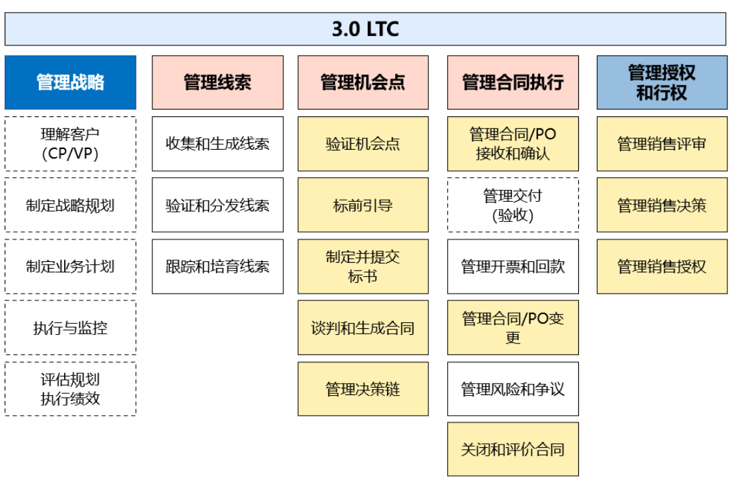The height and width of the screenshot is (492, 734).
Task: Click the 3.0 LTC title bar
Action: pyautogui.click(x=365, y=29)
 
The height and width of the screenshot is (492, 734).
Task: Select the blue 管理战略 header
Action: pyautogui.click(x=70, y=82)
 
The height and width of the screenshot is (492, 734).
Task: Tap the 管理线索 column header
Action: pyautogui.click(x=217, y=82)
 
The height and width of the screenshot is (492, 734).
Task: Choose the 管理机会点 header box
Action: pyautogui.click(x=363, y=82)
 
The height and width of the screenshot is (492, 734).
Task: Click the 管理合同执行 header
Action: pyautogui.click(x=513, y=82)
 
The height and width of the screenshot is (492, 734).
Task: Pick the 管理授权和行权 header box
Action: pyautogui.click(x=662, y=82)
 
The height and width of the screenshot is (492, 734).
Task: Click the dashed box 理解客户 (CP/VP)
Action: pyautogui.click(x=70, y=144)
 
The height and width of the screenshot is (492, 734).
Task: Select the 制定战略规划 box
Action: pyautogui.click(x=70, y=205)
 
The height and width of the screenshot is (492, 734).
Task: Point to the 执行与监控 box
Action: pyautogui.click(x=70, y=328)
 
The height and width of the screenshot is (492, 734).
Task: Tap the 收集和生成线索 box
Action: pyautogui.click(x=217, y=144)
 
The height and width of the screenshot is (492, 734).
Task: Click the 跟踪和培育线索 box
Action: pyautogui.click(x=217, y=267)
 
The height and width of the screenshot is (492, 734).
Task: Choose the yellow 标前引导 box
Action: pyautogui.click(x=363, y=205)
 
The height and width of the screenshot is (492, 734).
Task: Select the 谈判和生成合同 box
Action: pyautogui.click(x=363, y=328)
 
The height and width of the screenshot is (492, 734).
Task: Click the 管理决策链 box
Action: pyautogui.click(x=363, y=389)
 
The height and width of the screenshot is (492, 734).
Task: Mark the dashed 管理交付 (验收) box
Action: pyautogui.click(x=513, y=205)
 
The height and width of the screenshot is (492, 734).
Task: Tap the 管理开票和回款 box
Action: pyautogui.click(x=513, y=267)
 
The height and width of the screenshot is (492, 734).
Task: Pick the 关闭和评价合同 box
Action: pyautogui.click(x=513, y=449)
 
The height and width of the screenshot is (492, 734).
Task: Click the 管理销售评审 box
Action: pyautogui.click(x=662, y=144)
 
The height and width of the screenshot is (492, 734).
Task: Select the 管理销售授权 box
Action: pyautogui.click(x=662, y=267)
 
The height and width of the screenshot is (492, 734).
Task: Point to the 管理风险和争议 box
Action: pyautogui.click(x=513, y=389)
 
